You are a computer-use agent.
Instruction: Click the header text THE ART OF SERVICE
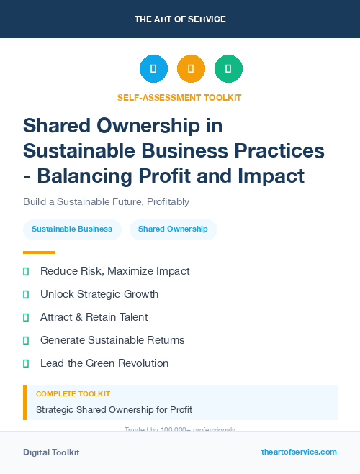click(180, 19)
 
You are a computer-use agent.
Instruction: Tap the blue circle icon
click(153, 69)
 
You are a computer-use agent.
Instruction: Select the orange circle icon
click(191, 69)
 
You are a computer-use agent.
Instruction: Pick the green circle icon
click(228, 69)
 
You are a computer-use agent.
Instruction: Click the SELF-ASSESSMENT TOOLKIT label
click(179, 97)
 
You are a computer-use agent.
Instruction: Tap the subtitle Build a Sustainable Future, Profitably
click(106, 202)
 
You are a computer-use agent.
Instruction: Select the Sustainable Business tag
click(72, 229)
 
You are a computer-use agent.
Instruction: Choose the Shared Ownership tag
click(173, 229)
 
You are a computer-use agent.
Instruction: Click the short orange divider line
click(39, 252)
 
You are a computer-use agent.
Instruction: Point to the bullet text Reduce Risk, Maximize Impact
click(115, 271)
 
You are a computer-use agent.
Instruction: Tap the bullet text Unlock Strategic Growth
click(99, 294)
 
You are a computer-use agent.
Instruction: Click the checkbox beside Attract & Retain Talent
click(26, 317)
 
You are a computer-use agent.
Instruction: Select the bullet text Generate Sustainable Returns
click(112, 340)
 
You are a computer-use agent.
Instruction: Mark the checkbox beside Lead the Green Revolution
click(26, 363)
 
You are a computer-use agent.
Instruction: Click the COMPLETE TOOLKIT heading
click(73, 394)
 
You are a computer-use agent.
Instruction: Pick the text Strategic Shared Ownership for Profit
click(114, 410)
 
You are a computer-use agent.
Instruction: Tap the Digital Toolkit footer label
click(51, 452)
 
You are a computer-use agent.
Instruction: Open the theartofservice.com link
click(299, 452)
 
